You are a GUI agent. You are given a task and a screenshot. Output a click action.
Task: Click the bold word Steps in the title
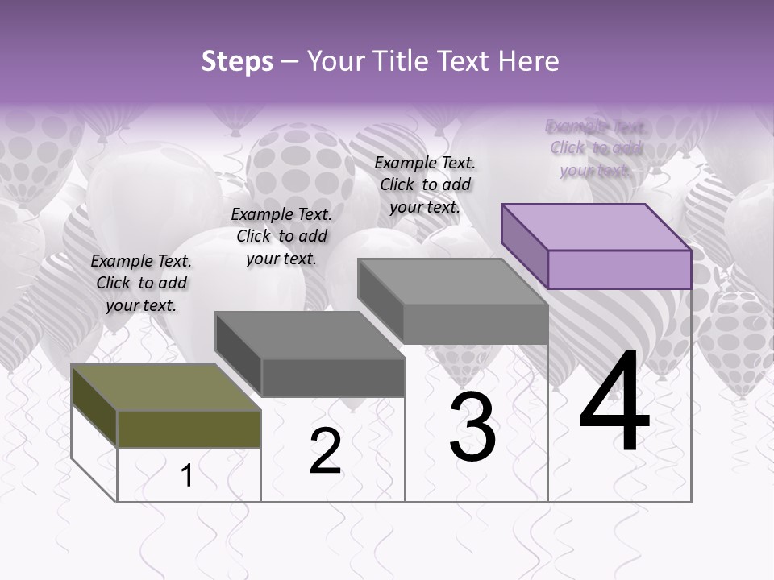237,61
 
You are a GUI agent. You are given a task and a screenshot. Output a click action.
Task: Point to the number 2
325,452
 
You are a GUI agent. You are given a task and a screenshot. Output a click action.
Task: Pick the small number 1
187,476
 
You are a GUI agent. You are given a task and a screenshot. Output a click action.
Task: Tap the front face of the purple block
619,269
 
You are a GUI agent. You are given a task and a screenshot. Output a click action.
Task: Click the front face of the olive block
189,429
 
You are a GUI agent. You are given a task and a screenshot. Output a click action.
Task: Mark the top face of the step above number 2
310,334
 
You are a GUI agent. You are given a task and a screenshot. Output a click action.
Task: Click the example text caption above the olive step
141,283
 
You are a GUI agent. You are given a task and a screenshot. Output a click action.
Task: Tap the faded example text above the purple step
596,147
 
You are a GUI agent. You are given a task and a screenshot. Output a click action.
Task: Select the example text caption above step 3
425,184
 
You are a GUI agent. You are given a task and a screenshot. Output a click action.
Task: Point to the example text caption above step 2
281,236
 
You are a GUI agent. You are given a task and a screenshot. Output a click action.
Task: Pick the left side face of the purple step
525,246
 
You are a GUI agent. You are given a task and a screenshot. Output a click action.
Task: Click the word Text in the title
462,61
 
